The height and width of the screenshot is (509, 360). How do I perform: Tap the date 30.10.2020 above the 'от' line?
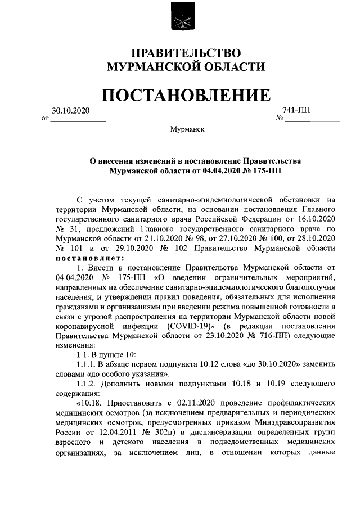tap(71, 111)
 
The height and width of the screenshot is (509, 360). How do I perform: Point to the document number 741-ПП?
tap(295, 111)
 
